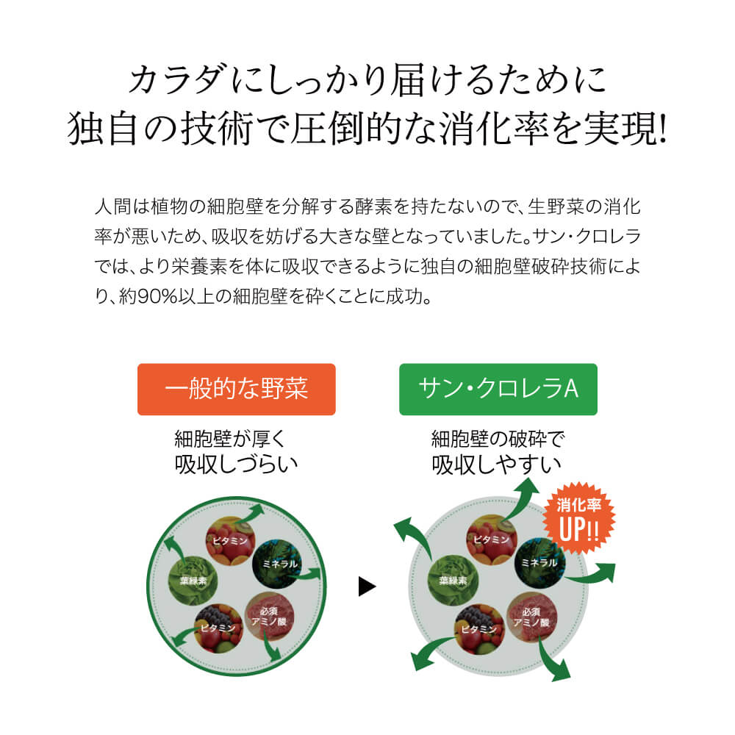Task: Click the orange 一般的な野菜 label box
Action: (x=236, y=389)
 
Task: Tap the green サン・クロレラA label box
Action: (x=498, y=389)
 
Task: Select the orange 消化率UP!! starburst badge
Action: (x=579, y=518)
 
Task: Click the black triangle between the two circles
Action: (x=367, y=587)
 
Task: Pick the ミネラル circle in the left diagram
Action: (x=279, y=564)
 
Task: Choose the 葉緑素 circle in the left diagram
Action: (x=193, y=581)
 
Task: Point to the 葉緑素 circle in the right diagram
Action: (x=453, y=581)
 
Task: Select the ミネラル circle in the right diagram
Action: (x=539, y=562)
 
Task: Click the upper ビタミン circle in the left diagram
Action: (x=231, y=540)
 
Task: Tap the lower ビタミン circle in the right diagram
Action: (x=479, y=629)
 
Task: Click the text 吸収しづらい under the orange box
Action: (x=236, y=464)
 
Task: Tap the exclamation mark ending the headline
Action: (x=662, y=129)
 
